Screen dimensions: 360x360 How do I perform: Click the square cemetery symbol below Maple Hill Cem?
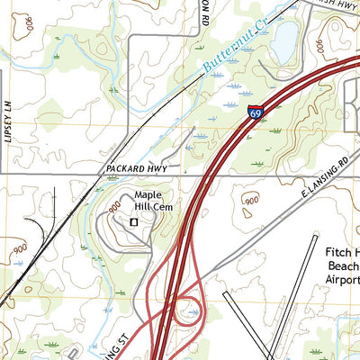[135, 220]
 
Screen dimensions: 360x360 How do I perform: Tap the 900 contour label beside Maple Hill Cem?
[114, 207]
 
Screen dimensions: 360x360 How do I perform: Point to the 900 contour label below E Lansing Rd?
[250, 201]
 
